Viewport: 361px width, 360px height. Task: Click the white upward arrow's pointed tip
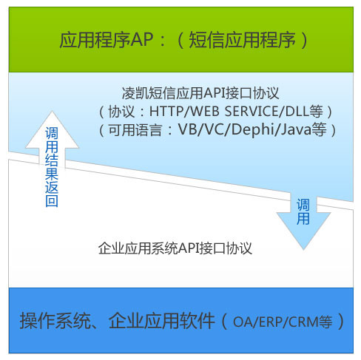click(x=52, y=112)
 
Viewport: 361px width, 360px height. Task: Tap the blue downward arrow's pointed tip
click(x=303, y=250)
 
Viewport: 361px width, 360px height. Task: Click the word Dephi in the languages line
click(x=254, y=129)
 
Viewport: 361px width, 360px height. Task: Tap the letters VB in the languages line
click(x=186, y=129)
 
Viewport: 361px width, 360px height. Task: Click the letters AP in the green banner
click(x=141, y=39)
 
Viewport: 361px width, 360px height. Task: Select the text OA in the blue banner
click(x=242, y=322)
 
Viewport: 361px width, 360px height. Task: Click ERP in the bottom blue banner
click(x=269, y=322)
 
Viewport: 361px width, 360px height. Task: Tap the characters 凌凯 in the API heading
click(x=135, y=93)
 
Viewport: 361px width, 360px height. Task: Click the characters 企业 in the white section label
click(x=111, y=248)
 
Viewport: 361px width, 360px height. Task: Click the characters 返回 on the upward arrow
click(x=52, y=194)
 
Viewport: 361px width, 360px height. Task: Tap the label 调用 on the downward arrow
click(x=303, y=212)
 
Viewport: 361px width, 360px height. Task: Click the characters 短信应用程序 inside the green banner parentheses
click(x=242, y=40)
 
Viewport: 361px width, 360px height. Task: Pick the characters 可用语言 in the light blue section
click(x=135, y=129)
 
